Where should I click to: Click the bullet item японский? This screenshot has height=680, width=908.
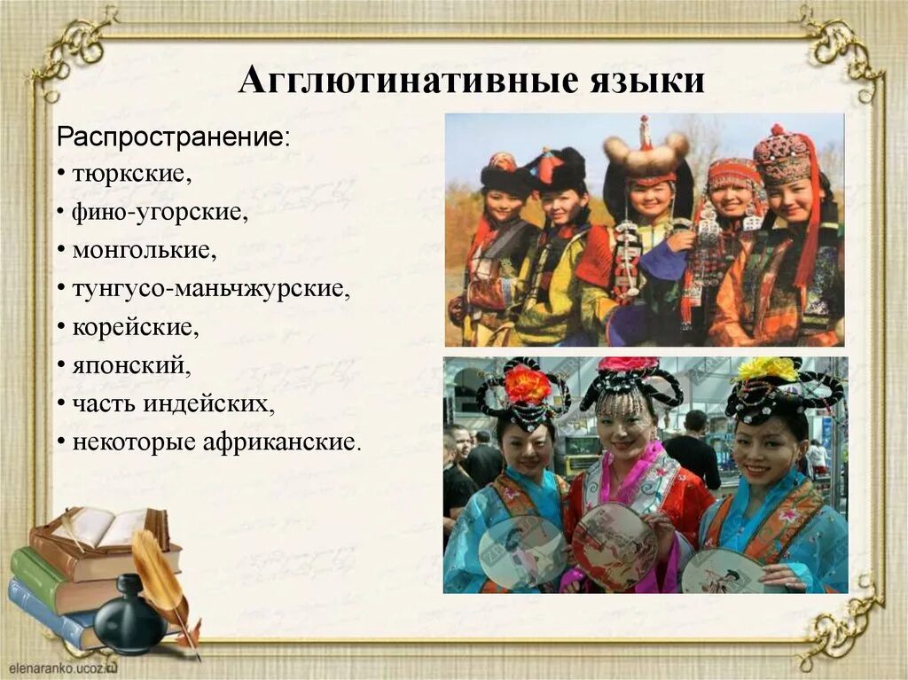tap(131, 364)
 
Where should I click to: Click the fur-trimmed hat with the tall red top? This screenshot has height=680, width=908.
tap(646, 151)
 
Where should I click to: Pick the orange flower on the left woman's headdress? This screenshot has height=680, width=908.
tap(527, 384)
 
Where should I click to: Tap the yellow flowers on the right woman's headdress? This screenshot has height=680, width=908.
tap(767, 368)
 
